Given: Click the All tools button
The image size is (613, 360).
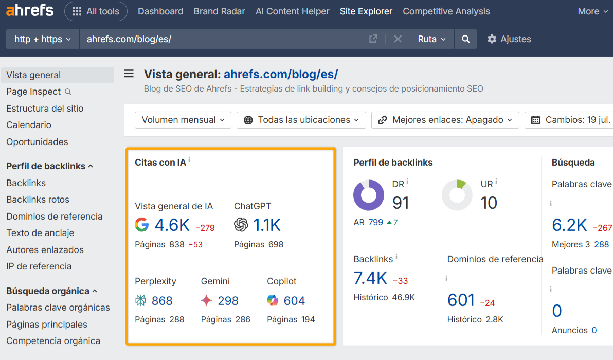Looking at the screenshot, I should (x=96, y=11).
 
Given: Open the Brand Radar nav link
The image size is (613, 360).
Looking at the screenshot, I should (x=219, y=11).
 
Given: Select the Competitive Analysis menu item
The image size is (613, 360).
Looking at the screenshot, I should (x=446, y=11).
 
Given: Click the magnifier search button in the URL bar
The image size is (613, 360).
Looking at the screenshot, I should (x=465, y=39).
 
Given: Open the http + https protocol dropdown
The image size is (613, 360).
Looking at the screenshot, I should (x=43, y=39).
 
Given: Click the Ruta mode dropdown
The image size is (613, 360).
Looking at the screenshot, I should (x=431, y=39).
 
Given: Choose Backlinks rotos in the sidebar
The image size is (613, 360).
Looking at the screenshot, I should (x=38, y=200).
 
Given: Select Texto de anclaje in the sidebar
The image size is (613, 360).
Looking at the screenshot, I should (x=40, y=233).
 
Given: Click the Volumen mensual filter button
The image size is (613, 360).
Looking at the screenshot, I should (x=183, y=120).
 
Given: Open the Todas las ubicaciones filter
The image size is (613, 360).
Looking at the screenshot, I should (x=301, y=120).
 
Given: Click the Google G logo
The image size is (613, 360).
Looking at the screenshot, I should (x=141, y=225).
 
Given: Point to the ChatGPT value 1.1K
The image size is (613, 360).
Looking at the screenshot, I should (x=267, y=225).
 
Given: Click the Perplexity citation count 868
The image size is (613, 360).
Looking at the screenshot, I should (x=162, y=301).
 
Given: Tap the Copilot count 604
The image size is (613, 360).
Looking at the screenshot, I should (x=294, y=301).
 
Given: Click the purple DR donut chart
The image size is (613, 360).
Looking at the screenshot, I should (x=369, y=195).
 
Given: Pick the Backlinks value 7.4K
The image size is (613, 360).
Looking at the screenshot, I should (x=370, y=278).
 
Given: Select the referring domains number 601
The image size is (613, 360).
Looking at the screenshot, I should (x=461, y=300).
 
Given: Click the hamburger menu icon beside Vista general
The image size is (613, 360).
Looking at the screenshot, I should (x=129, y=74).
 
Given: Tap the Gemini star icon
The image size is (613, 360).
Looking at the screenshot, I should (x=206, y=301).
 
